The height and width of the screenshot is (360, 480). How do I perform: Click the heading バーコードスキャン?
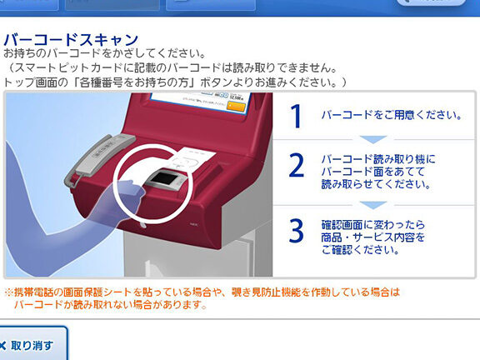(71, 40)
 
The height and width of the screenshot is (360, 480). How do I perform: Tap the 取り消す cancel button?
(32, 343)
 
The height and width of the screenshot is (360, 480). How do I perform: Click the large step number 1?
(296, 116)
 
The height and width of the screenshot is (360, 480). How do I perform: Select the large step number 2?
(297, 166)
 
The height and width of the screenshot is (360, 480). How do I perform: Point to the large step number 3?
(297, 231)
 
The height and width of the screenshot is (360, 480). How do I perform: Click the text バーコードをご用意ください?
(392, 115)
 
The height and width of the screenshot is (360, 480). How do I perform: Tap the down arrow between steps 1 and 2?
(373, 140)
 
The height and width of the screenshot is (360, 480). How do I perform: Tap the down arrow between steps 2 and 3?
(373, 205)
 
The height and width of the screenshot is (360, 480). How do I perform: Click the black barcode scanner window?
(165, 178)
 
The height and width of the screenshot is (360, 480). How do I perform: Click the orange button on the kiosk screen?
(237, 106)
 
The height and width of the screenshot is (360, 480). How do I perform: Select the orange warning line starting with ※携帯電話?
(202, 292)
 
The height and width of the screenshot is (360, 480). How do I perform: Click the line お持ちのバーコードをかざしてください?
(105, 53)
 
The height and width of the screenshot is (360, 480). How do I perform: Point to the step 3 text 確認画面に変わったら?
(373, 225)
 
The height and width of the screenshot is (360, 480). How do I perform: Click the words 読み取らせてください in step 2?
(376, 184)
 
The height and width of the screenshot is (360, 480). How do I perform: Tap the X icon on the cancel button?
(2, 346)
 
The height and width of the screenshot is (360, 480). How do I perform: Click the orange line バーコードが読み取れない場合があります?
(110, 305)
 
